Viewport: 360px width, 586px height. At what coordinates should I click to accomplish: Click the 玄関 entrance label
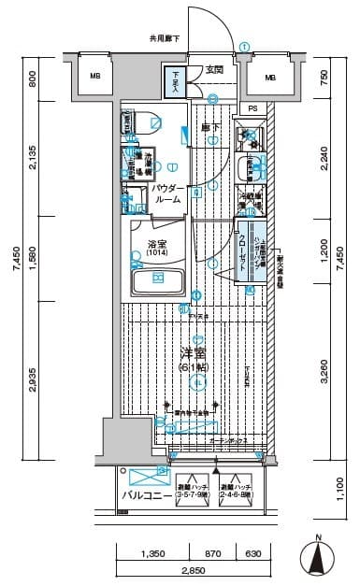(214, 69)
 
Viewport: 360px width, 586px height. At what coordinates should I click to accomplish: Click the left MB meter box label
(94, 77)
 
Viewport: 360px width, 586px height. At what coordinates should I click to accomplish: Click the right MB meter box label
(270, 77)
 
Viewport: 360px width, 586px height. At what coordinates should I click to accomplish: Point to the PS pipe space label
(253, 108)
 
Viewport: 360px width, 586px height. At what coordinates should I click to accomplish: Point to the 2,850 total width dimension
(193, 570)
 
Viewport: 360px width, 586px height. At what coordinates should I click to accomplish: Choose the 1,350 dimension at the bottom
(153, 553)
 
